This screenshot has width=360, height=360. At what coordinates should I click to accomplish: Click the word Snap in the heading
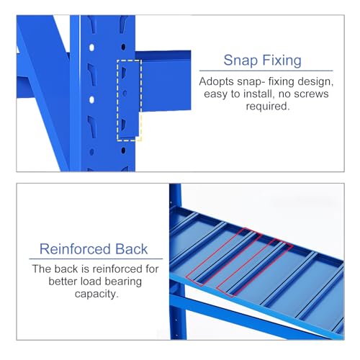tap(240, 60)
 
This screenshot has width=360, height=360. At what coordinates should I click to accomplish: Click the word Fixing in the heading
tap(282, 60)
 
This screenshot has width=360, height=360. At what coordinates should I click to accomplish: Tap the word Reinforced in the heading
tap(75, 249)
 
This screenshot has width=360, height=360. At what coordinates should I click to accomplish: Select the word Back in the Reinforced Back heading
tap(132, 249)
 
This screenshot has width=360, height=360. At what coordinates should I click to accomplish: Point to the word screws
tap(311, 94)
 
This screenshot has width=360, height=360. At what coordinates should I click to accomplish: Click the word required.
tap(268, 106)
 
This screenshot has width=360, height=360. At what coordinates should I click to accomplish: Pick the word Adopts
tap(217, 82)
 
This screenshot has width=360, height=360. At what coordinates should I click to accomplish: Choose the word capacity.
tap(96, 294)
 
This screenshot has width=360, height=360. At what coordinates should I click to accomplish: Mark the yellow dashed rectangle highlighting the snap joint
tap(130, 100)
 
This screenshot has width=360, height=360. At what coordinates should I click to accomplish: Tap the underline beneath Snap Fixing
tap(266, 71)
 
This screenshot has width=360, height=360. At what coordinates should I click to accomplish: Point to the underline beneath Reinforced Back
tap(96, 259)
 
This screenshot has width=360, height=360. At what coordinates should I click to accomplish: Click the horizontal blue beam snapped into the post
tap(166, 81)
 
